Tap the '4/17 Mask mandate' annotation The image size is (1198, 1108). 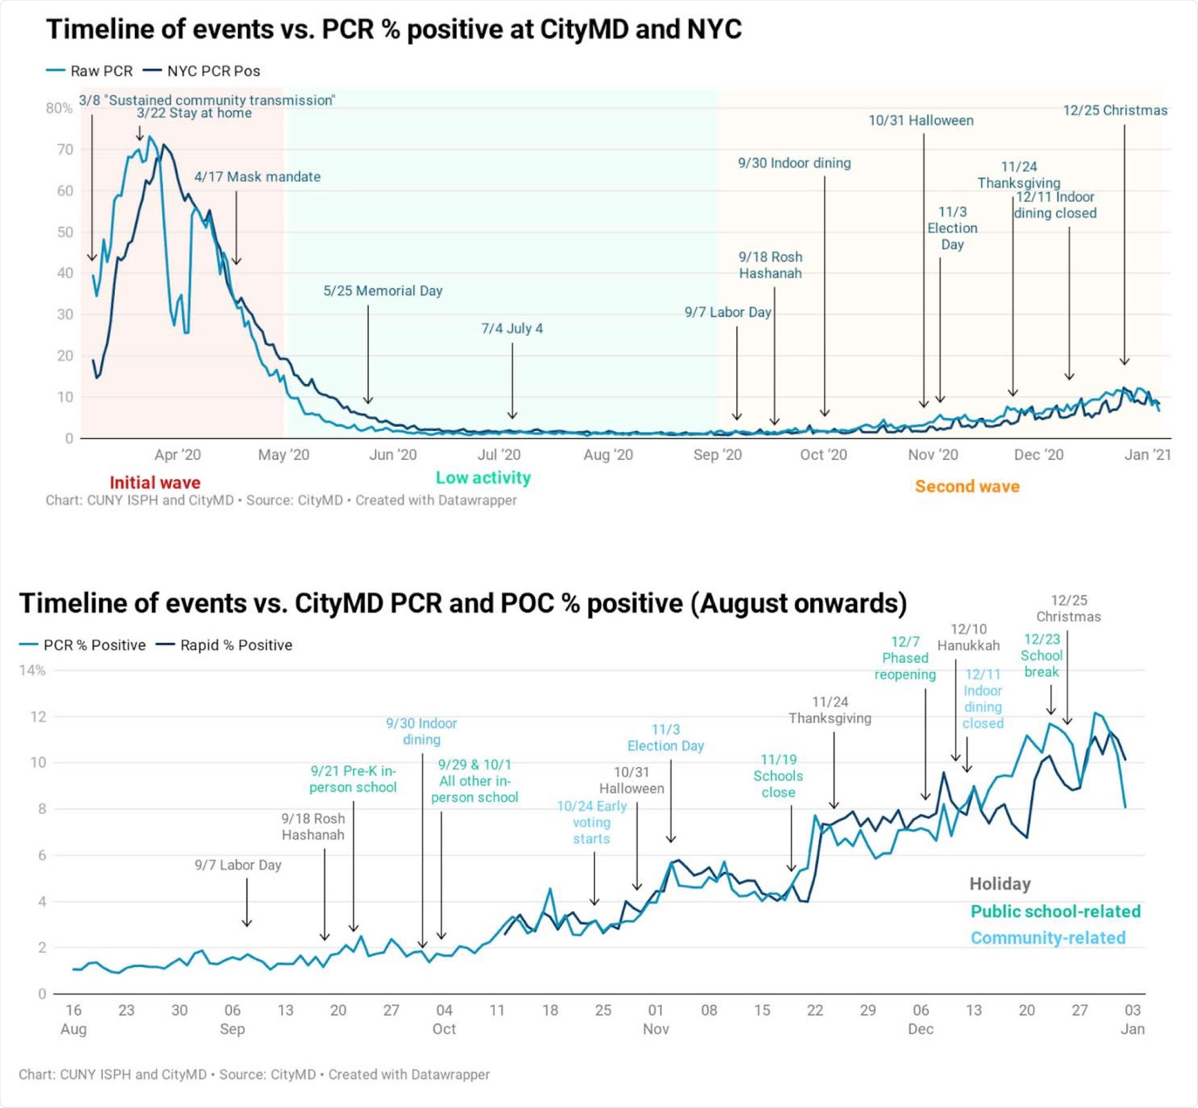coord(257,177)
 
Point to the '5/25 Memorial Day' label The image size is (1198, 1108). coord(382,291)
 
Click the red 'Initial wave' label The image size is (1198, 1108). coord(154,482)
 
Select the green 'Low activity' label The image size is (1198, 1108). coord(482,478)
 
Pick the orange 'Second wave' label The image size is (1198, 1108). coord(967,487)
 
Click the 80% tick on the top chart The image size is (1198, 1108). coord(59,108)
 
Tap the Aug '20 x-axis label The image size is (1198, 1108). coord(608,455)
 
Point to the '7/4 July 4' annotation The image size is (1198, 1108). coord(511,328)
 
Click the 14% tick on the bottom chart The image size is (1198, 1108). coord(33,671)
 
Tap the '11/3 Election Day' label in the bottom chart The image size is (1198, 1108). coord(665,737)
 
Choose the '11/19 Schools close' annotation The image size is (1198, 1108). coord(778,776)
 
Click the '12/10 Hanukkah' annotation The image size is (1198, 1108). coord(968,637)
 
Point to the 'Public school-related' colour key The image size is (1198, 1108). coord(1055,911)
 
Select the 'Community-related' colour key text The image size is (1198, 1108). coord(1048,938)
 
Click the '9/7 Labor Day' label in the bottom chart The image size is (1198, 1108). coord(237,865)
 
